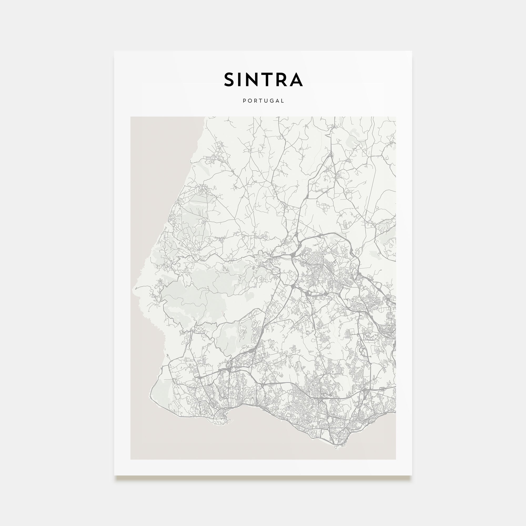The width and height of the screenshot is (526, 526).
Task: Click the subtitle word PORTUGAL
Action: [x=263, y=101]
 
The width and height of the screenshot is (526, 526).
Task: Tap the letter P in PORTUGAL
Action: [x=244, y=101]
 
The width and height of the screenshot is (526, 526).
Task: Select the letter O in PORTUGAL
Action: [x=250, y=101]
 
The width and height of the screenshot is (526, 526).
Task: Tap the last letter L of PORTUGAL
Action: [x=283, y=101]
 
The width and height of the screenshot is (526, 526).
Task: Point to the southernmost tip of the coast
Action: [x=337, y=447]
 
